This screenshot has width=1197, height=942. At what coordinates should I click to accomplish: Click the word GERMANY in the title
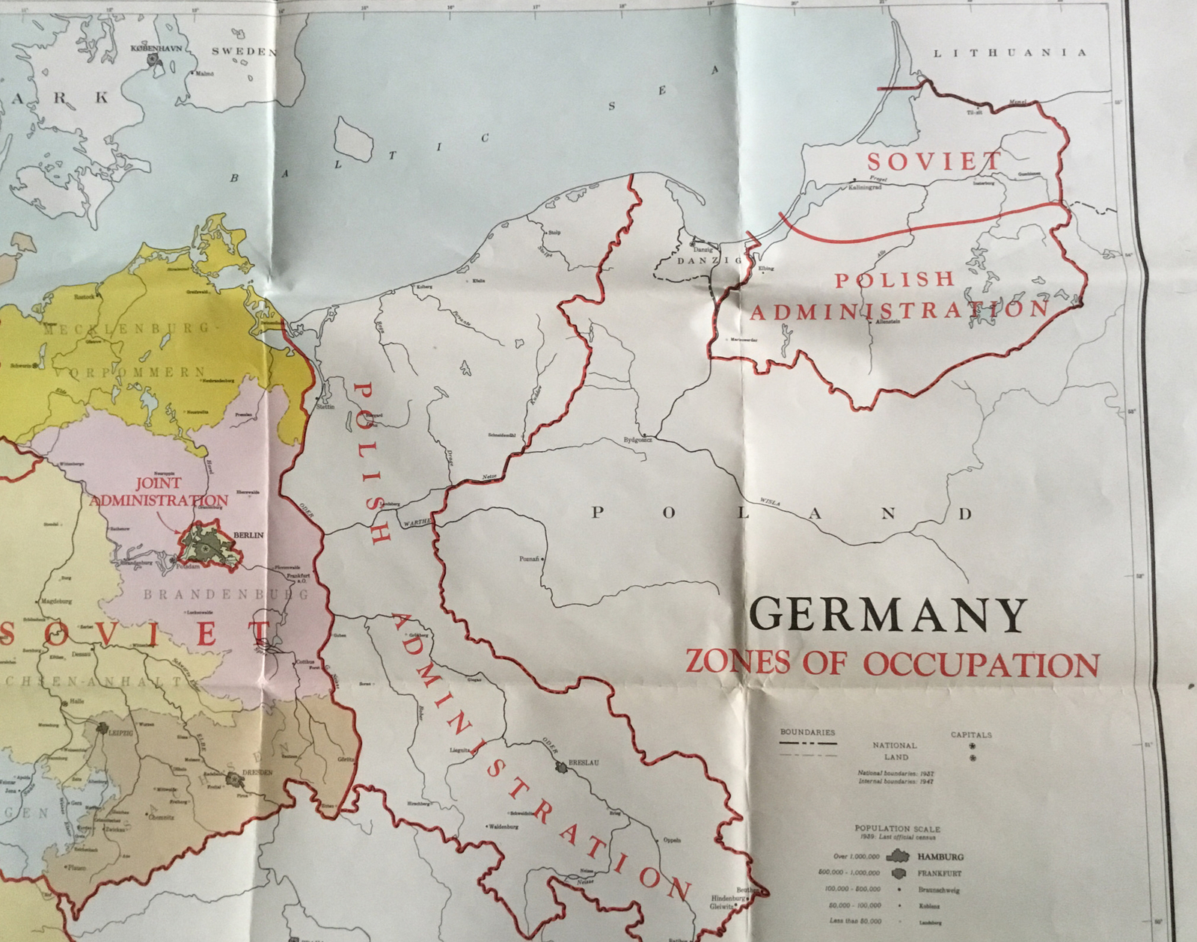[x=888, y=615]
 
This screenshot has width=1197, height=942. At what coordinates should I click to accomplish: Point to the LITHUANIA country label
[x=1009, y=53]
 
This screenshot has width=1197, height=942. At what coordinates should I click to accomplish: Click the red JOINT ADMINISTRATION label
[x=158, y=492]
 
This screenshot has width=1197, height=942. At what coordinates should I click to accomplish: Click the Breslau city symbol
[x=562, y=766]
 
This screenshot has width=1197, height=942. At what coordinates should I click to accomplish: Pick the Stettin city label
[x=325, y=406]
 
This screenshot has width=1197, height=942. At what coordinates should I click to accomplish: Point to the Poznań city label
[x=528, y=559]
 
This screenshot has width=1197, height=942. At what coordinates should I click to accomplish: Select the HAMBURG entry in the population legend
[x=943, y=857]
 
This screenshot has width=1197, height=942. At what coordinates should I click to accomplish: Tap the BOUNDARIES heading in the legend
[x=807, y=732]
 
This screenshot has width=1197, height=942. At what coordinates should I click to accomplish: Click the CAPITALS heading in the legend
[x=971, y=735]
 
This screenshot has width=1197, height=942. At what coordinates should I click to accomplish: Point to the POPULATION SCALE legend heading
[x=897, y=829]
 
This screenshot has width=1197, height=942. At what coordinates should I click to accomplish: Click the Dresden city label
[x=257, y=771]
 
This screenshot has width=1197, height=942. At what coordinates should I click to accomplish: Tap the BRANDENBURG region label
[x=225, y=595]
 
